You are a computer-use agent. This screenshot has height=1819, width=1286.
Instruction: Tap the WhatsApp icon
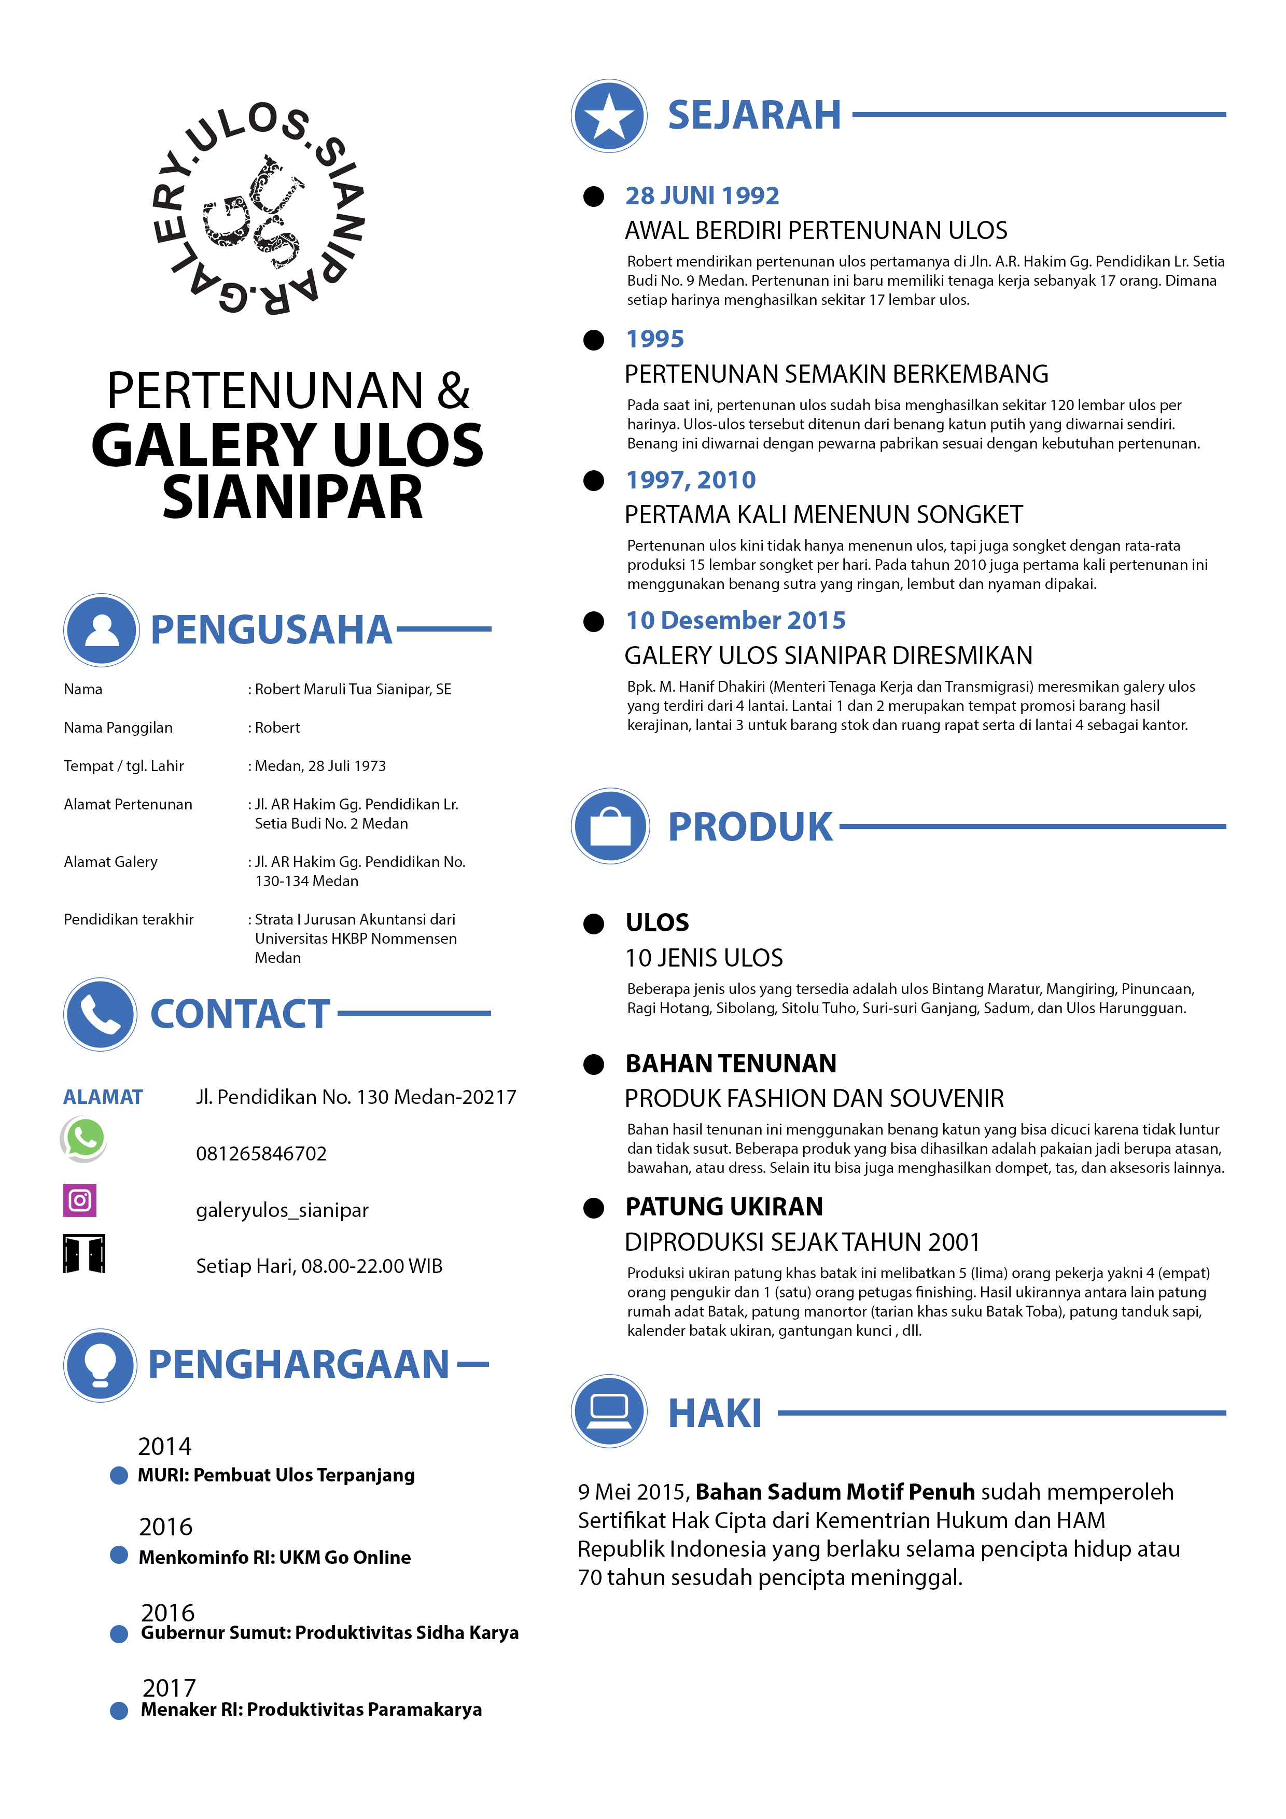(x=84, y=1139)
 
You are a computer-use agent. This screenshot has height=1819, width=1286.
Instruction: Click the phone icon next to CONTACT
(x=101, y=1014)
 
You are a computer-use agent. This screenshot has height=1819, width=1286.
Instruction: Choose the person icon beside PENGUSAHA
(x=102, y=630)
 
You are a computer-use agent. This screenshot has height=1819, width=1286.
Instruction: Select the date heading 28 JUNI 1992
(x=702, y=195)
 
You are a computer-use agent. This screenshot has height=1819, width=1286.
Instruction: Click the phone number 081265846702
(x=261, y=1154)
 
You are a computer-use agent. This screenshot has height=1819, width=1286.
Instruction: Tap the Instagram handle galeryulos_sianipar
(x=282, y=1210)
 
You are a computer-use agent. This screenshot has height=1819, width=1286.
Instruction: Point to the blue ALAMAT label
(x=103, y=1097)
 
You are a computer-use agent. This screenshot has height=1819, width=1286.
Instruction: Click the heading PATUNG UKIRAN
(x=724, y=1207)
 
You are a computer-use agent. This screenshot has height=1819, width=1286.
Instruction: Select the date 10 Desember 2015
(x=735, y=620)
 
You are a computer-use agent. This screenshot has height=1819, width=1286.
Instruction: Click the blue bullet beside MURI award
(x=119, y=1475)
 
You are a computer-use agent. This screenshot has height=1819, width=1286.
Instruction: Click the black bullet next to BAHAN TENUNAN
(x=593, y=1065)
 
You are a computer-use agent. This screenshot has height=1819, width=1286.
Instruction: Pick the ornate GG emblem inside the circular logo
(x=254, y=212)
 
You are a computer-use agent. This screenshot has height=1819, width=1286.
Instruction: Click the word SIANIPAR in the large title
(x=292, y=498)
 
